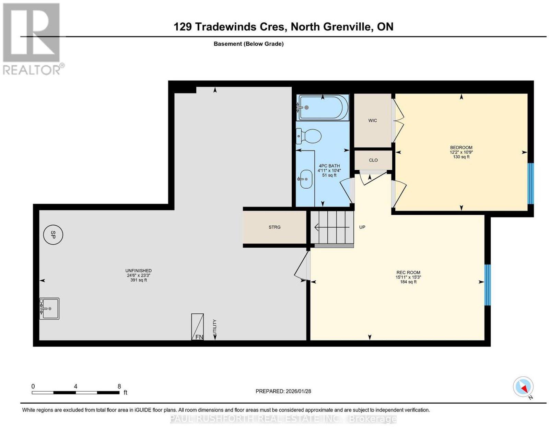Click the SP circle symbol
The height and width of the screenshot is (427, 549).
[x=53, y=235]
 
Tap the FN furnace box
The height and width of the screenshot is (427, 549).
[x=197, y=327]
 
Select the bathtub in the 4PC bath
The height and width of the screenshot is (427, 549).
[x=323, y=107]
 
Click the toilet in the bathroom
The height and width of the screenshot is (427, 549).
[x=308, y=136]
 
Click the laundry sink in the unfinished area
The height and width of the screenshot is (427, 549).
[x=49, y=309]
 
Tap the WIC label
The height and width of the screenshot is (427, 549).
[x=372, y=121]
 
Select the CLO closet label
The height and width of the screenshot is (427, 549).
[x=373, y=160]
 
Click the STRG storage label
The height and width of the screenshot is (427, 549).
[x=274, y=227]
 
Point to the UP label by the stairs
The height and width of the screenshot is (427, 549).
[x=362, y=227]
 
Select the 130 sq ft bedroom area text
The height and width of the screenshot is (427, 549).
[x=461, y=157]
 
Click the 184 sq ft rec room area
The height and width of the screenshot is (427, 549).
[x=408, y=282]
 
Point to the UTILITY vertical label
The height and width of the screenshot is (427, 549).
[x=215, y=327]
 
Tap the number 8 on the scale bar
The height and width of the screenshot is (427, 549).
[x=119, y=386]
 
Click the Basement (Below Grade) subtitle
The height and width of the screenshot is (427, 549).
[x=249, y=44]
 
